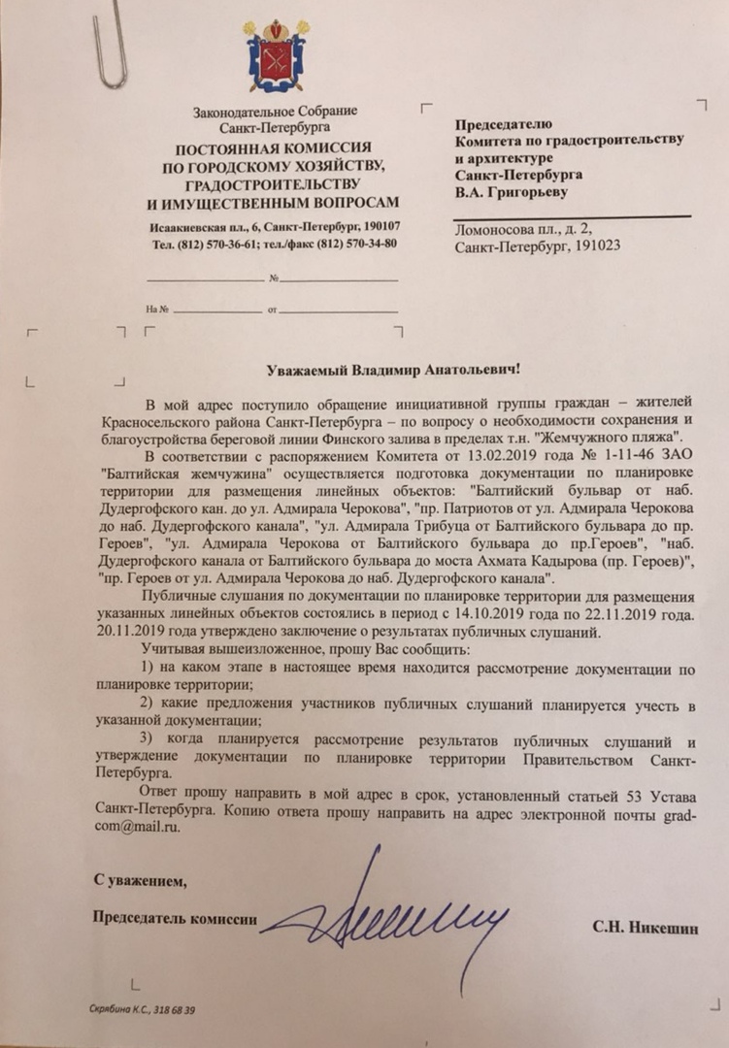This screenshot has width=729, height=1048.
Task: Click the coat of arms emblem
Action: click(x=274, y=57)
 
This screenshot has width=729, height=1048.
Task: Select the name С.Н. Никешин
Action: click(x=646, y=929)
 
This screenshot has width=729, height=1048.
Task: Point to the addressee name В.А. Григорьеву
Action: click(x=513, y=192)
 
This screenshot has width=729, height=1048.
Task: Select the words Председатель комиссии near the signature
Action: click(x=175, y=919)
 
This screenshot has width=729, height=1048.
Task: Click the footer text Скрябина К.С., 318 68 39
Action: click(x=142, y=1010)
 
